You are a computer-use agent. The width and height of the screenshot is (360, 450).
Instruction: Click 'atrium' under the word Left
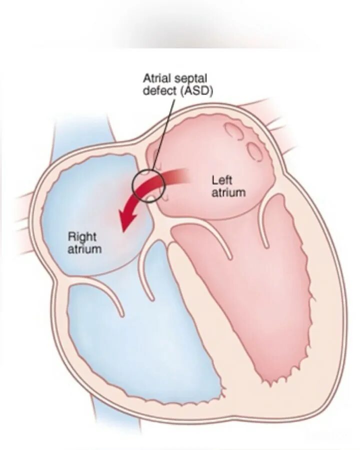coord(228,192)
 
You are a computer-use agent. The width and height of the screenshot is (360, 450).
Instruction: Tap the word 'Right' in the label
coord(82,236)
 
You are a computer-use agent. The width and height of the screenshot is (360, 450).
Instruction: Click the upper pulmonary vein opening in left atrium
coord(233,131)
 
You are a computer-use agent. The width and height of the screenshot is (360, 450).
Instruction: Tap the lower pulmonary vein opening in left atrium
coord(255,151)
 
